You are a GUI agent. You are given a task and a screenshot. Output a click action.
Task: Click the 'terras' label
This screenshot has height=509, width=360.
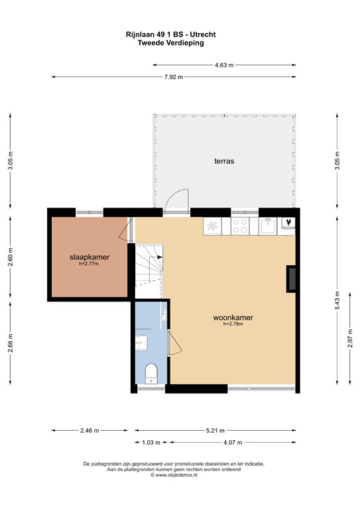point(223,161)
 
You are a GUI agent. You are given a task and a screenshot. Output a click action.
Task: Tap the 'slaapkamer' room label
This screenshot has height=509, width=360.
point(90,256)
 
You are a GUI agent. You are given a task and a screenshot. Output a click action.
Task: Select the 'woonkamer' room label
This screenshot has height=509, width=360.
point(233,317)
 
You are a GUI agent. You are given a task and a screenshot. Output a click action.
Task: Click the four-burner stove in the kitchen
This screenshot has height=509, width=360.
point(239,226)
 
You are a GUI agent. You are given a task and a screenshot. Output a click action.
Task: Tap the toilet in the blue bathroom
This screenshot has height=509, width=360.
point(150,373)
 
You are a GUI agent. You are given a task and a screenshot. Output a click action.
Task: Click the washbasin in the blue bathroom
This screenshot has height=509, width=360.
point(141,342)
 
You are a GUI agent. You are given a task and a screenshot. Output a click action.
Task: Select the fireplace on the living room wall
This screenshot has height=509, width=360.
point(291,278)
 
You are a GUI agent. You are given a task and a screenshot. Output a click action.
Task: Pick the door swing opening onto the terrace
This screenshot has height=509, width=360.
point(178,199)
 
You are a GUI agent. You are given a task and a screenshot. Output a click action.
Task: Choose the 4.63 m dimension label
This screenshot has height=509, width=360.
point(225,65)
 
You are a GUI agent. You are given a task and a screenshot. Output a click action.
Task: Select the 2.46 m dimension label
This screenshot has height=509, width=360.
point(90,430)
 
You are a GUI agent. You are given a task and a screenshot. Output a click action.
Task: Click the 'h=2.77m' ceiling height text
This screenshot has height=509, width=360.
point(89,264)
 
